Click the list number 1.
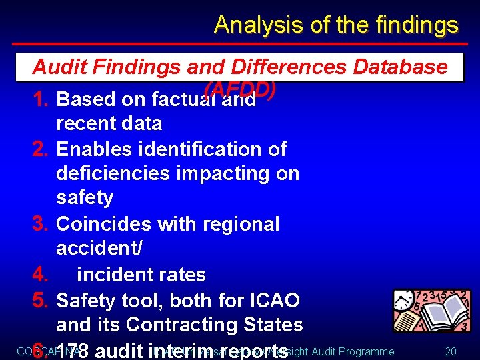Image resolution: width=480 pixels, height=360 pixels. pyautogui.click(x=40, y=99)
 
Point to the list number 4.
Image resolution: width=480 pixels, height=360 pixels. pyautogui.click(x=41, y=274)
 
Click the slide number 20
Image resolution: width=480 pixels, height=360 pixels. pyautogui.click(x=451, y=351)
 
